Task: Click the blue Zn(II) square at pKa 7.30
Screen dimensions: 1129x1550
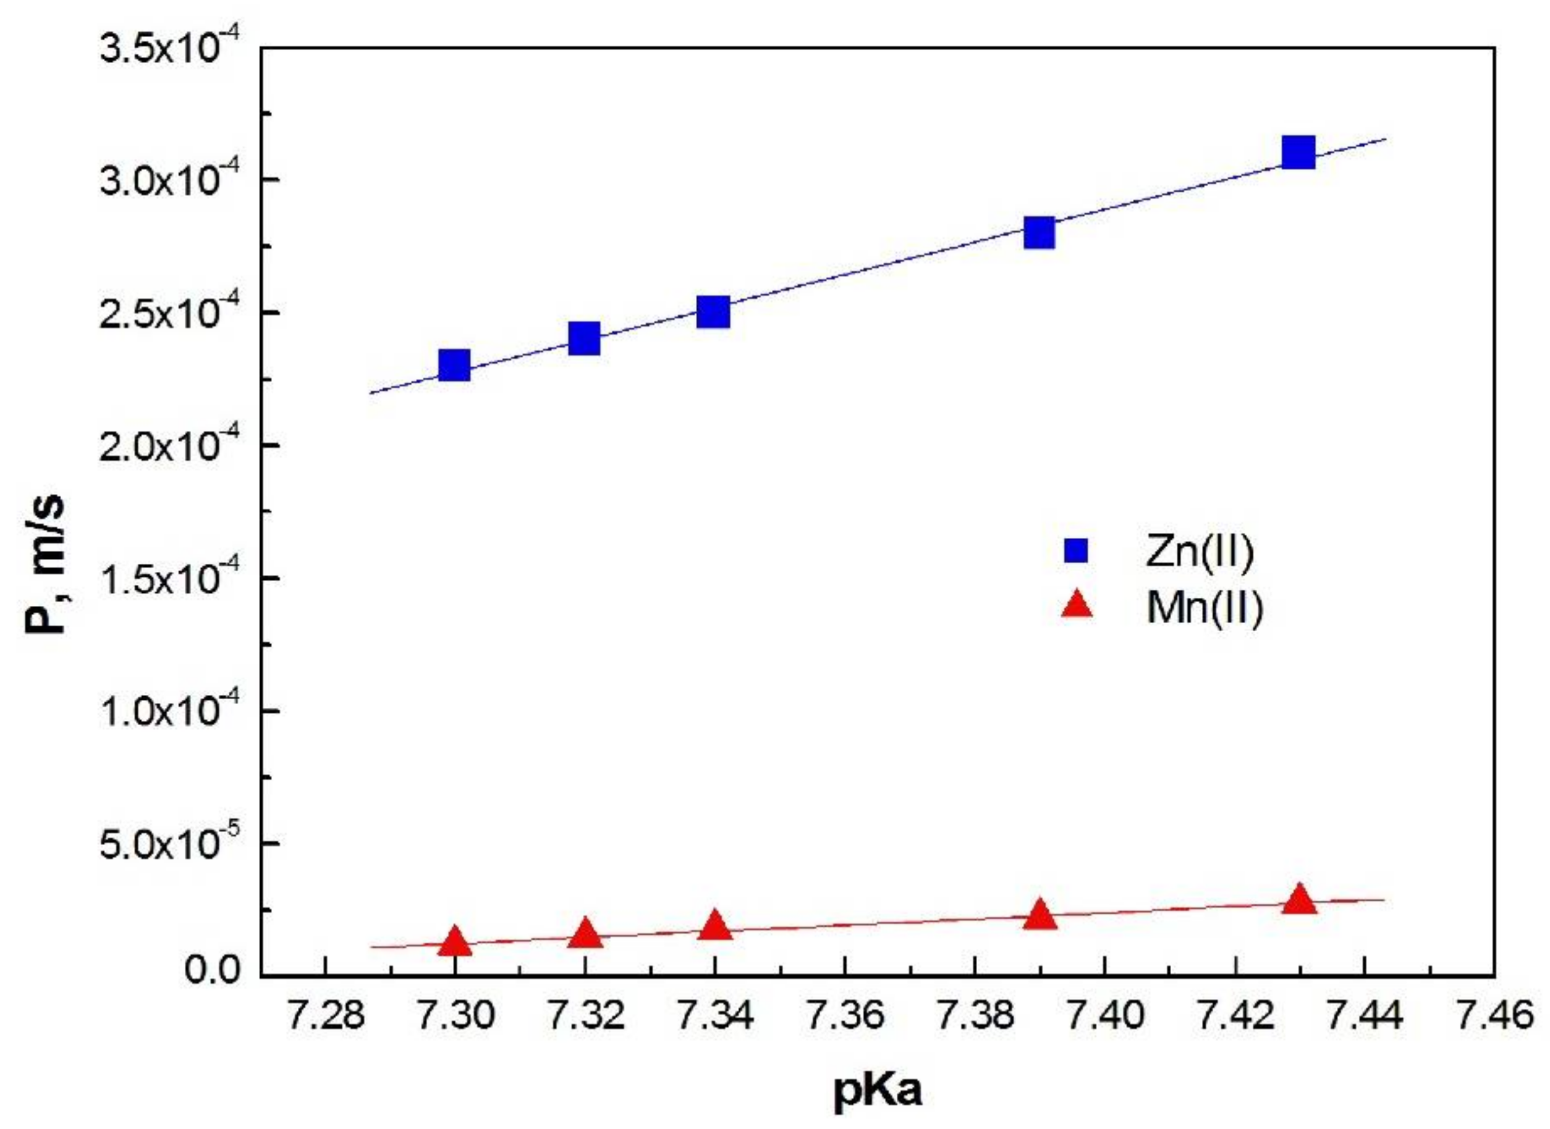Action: [x=454, y=365]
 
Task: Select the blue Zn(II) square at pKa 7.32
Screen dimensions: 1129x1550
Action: [x=584, y=339]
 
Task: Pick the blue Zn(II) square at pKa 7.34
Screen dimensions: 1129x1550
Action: [x=713, y=313]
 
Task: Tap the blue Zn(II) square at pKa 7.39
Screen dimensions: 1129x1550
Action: [x=1040, y=233]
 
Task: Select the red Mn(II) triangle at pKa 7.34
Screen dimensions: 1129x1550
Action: [x=714, y=926]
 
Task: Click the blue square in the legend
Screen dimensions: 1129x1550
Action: [x=1075, y=551]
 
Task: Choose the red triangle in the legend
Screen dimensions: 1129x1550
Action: [x=1077, y=605]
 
